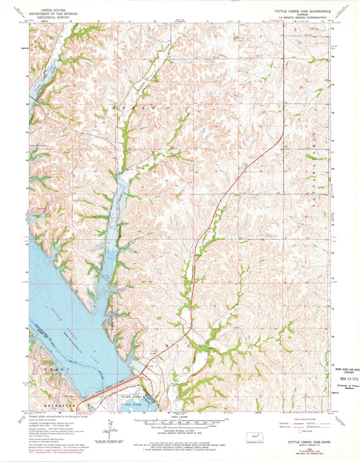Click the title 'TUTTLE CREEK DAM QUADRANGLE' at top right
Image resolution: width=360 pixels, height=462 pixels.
click(x=304, y=11)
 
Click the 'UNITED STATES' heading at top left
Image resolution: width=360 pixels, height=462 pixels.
click(x=55, y=11)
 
